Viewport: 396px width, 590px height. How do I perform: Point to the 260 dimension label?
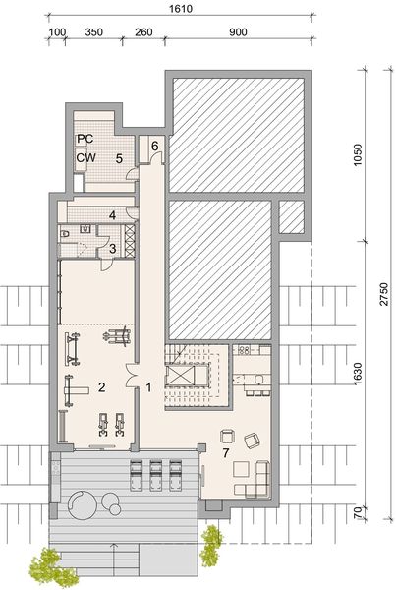142,32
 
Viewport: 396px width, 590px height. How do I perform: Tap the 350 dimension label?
94,32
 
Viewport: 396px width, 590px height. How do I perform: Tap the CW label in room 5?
85,156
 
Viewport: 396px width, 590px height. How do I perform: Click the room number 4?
113,213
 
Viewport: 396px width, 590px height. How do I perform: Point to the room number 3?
113,248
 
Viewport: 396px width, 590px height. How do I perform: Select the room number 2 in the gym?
100,386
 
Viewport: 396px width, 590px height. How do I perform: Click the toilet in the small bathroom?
66,234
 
